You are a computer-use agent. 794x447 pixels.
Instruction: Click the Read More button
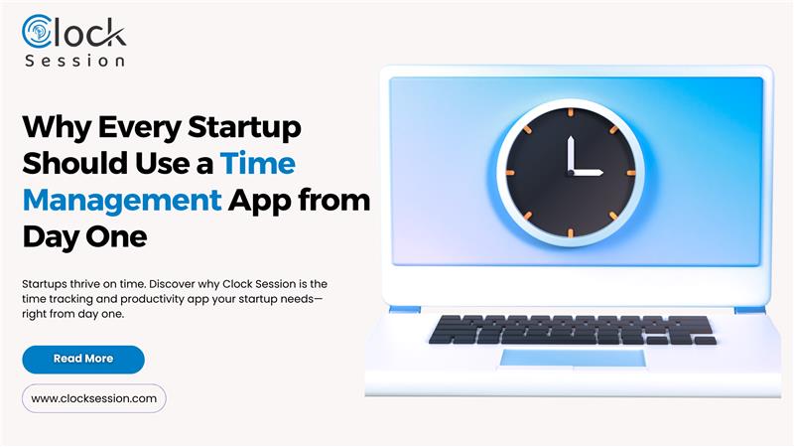(83, 360)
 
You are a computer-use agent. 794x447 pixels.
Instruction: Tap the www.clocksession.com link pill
(94, 398)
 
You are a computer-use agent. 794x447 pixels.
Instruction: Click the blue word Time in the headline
(258, 163)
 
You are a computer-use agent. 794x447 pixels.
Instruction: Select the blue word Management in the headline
(122, 201)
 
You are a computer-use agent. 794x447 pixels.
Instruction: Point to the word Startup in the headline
(244, 128)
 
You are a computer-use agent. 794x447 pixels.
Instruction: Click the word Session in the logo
(75, 61)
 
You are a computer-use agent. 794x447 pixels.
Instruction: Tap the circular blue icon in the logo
(37, 32)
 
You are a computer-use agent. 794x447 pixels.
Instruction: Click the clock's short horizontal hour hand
(587, 173)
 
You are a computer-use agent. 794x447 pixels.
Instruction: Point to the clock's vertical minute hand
(571, 155)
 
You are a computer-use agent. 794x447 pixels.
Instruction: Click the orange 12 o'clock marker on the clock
(571, 112)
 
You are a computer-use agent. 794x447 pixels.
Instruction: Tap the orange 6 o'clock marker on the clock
(571, 233)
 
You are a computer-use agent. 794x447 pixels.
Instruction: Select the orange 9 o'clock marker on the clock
(510, 173)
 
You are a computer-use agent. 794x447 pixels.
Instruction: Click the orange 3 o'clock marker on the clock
(631, 173)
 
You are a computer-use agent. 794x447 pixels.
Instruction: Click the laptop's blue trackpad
(573, 358)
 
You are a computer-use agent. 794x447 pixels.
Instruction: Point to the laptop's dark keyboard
(573, 330)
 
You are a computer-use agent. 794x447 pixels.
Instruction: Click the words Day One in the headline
(85, 237)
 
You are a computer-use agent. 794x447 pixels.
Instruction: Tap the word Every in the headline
(139, 128)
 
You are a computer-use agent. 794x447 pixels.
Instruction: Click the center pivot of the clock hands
(571, 173)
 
